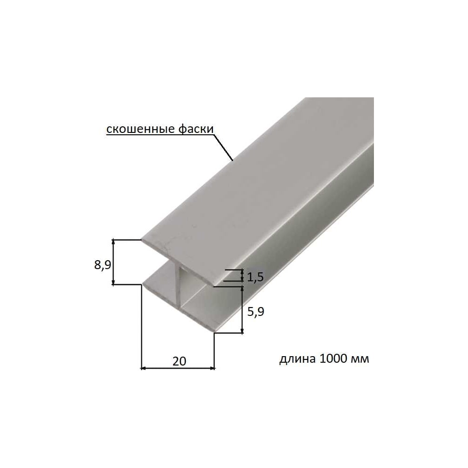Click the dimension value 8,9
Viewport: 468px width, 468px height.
(x=102, y=265)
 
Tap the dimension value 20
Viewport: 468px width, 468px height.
(x=179, y=361)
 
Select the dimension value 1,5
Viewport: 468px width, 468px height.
(x=256, y=277)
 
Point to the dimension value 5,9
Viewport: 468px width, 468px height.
(x=256, y=312)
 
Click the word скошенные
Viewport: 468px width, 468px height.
(x=140, y=129)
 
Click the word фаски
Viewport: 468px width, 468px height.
(x=196, y=129)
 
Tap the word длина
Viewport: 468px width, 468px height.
(x=297, y=358)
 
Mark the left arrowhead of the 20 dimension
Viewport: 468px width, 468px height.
(x=143, y=368)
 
